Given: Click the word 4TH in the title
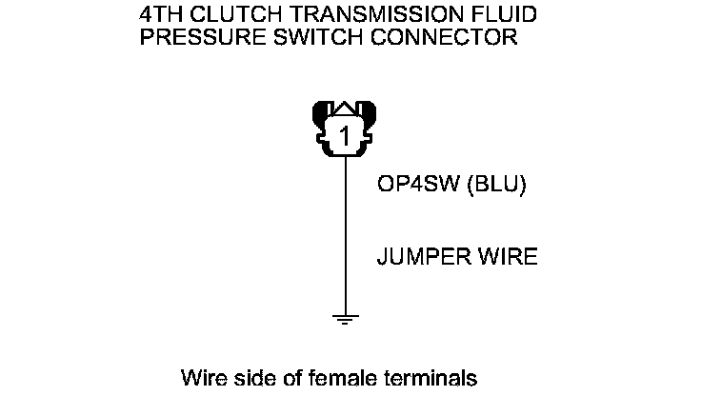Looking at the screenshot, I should (159, 16).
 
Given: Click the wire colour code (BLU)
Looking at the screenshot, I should (495, 185).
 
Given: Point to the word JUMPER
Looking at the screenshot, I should (422, 258).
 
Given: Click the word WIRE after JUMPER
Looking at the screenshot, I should (505, 258).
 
